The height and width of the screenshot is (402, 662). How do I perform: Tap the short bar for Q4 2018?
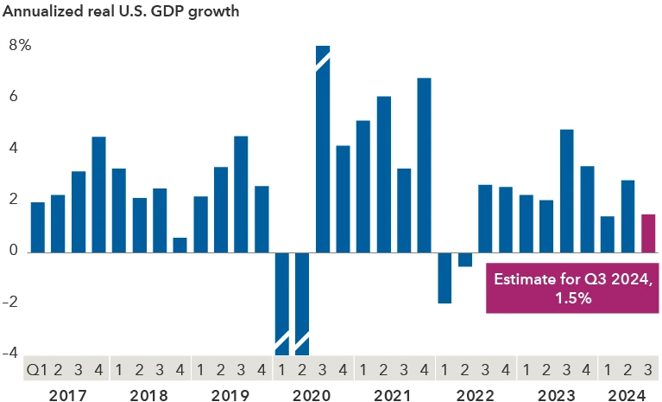pyautogui.click(x=180, y=245)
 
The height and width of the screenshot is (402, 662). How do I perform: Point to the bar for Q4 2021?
pyautogui.click(x=424, y=165)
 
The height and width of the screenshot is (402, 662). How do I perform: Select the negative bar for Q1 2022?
pyautogui.click(x=444, y=278)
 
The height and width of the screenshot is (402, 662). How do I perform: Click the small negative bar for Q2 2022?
pyautogui.click(x=465, y=259)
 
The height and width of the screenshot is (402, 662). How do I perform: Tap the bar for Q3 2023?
pyautogui.click(x=567, y=191)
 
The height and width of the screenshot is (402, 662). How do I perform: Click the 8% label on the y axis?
pyautogui.click(x=20, y=45)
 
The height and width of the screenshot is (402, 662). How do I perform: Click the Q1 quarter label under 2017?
pyautogui.click(x=35, y=369)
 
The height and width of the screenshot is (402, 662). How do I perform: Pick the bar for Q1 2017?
pyautogui.click(x=38, y=227)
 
